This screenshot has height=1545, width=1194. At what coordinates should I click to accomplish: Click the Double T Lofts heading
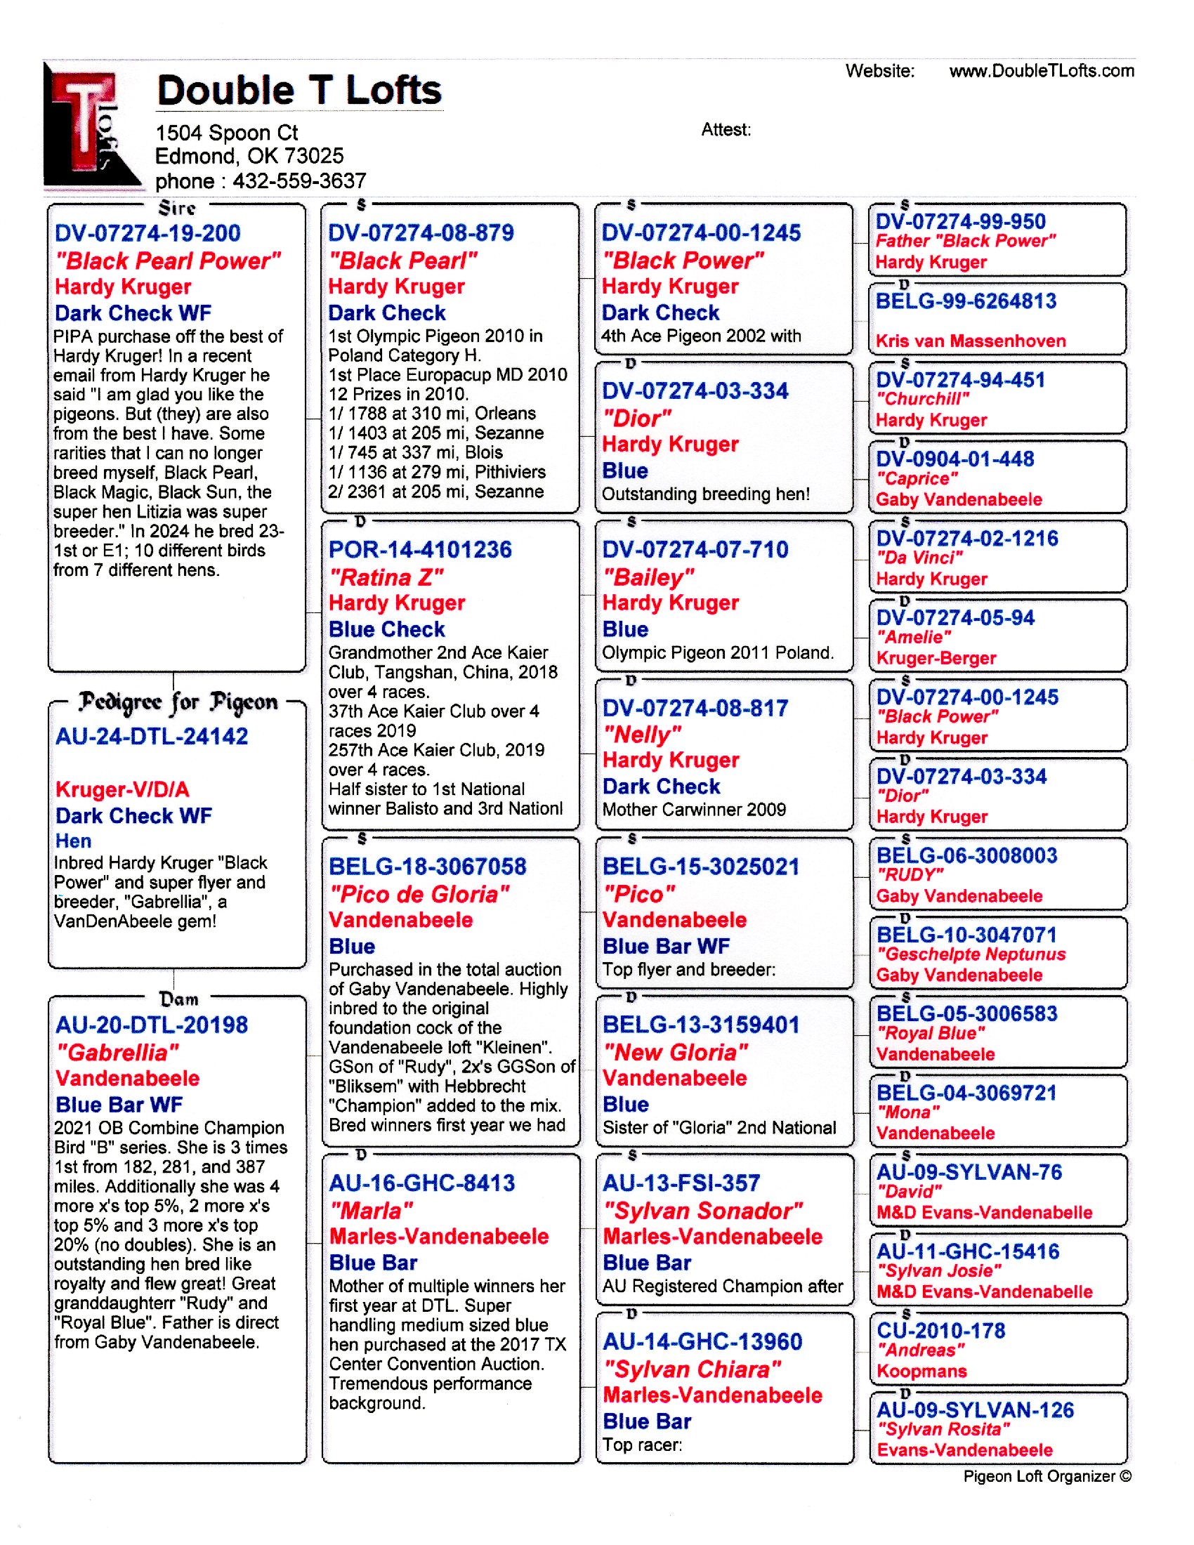point(299,91)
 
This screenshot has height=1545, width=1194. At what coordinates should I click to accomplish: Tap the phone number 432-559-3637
point(299,181)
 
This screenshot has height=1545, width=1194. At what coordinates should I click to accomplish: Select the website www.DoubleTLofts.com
point(1041,71)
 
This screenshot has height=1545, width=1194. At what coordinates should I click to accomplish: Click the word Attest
point(726,130)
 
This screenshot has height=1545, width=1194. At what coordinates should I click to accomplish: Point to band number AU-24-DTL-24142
point(152,737)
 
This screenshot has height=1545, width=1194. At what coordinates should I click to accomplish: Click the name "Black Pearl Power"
point(169,261)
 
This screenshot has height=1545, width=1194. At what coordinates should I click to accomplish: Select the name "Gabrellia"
point(117,1053)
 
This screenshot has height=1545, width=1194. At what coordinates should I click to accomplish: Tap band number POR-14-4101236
point(420,550)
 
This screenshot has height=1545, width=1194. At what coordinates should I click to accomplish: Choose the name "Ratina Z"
point(386,577)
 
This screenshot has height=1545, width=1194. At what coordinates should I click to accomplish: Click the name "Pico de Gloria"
point(419,894)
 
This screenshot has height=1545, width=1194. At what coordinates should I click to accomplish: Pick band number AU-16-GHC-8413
point(421,1183)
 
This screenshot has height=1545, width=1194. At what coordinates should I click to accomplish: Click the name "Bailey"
point(648,577)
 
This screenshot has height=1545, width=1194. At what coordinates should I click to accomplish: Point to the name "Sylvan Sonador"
point(702,1211)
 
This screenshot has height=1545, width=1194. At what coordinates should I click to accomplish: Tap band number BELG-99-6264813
point(966,301)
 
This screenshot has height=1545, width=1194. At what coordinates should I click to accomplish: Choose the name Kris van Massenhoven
point(971,341)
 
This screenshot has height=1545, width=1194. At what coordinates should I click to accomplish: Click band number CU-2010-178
point(940,1331)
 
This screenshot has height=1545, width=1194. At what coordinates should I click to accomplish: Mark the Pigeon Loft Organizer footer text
point(1047,1476)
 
